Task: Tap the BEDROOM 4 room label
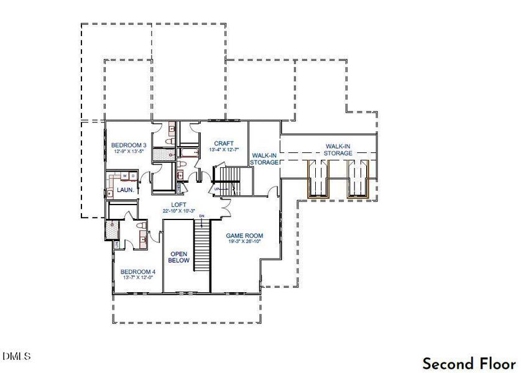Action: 137,272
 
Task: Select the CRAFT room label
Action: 224,143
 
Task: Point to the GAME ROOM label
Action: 244,236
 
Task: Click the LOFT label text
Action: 179,205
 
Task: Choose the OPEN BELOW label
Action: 179,257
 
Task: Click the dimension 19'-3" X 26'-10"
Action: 244,242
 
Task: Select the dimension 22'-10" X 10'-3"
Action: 179,211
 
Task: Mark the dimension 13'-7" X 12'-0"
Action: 137,279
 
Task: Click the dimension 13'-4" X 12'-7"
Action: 224,150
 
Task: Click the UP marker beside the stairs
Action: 217,189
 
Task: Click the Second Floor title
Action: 469,363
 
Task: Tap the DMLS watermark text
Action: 16,356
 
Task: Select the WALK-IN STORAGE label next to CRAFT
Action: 264,159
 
